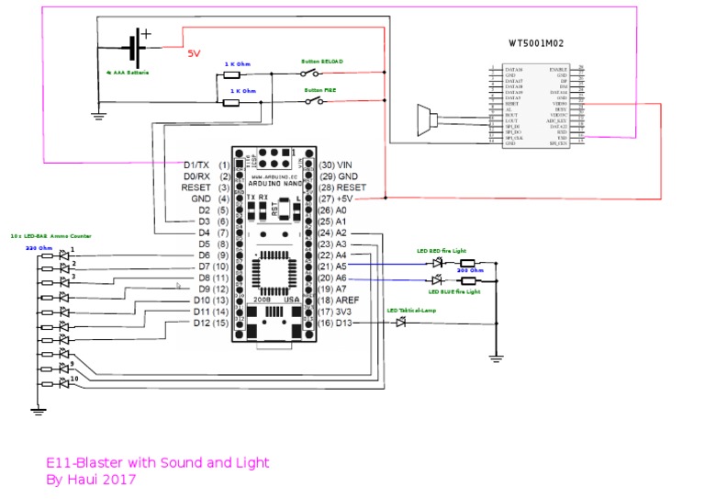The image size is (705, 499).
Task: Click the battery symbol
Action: (136, 44)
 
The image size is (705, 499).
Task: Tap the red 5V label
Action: (195, 53)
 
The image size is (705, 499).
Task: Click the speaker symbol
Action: (423, 120)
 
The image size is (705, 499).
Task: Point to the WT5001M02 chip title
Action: (536, 42)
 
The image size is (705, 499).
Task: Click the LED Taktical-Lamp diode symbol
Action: (400, 322)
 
